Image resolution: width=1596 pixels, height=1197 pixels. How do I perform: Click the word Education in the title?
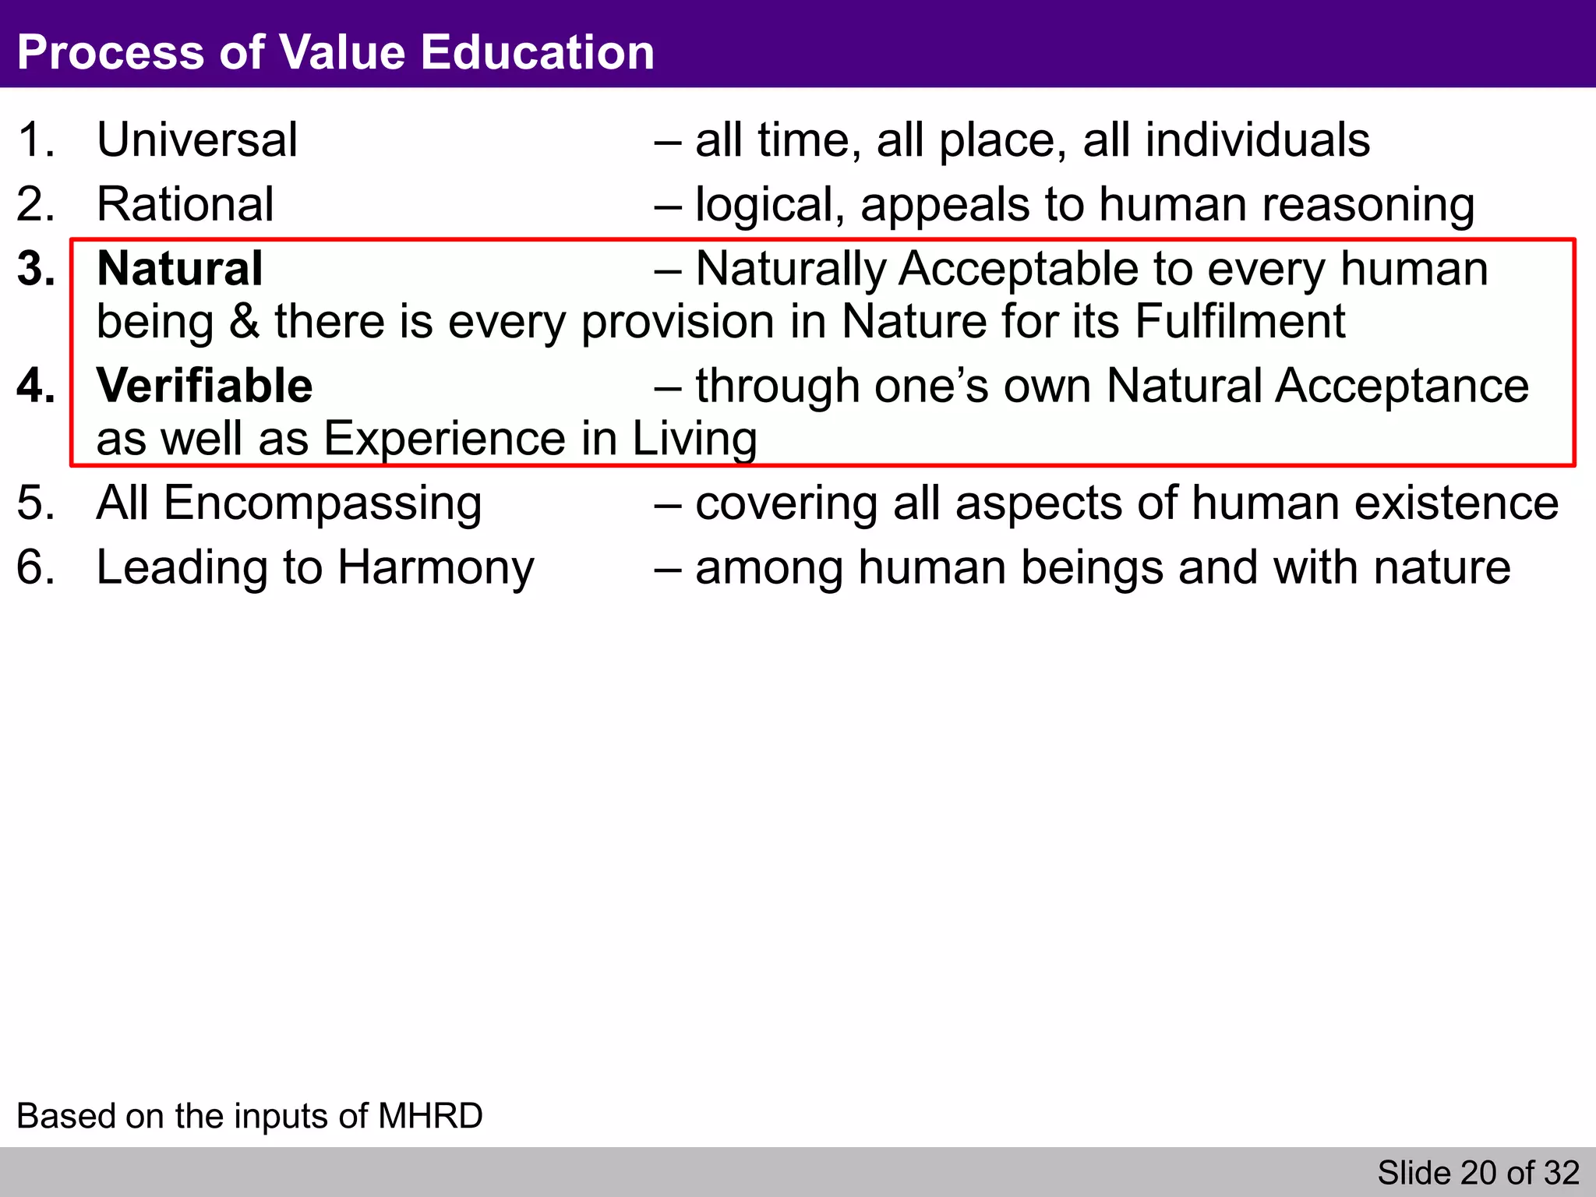[537, 52]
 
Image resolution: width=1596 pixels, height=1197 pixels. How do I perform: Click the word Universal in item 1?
[197, 140]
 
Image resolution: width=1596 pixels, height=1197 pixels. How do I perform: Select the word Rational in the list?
[185, 204]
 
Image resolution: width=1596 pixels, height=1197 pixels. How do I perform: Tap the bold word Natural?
[179, 269]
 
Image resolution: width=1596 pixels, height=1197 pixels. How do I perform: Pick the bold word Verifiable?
[204, 386]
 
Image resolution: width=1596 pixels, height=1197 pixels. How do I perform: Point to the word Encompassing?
[323, 503]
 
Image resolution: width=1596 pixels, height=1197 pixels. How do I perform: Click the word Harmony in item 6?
[436, 567]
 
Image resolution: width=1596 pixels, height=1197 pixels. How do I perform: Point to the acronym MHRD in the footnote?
[430, 1116]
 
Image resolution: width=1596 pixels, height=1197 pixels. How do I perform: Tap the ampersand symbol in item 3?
[244, 322]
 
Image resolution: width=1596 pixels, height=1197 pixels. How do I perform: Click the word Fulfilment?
[1240, 322]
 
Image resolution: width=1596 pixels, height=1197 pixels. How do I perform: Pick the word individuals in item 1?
[1226, 140]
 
